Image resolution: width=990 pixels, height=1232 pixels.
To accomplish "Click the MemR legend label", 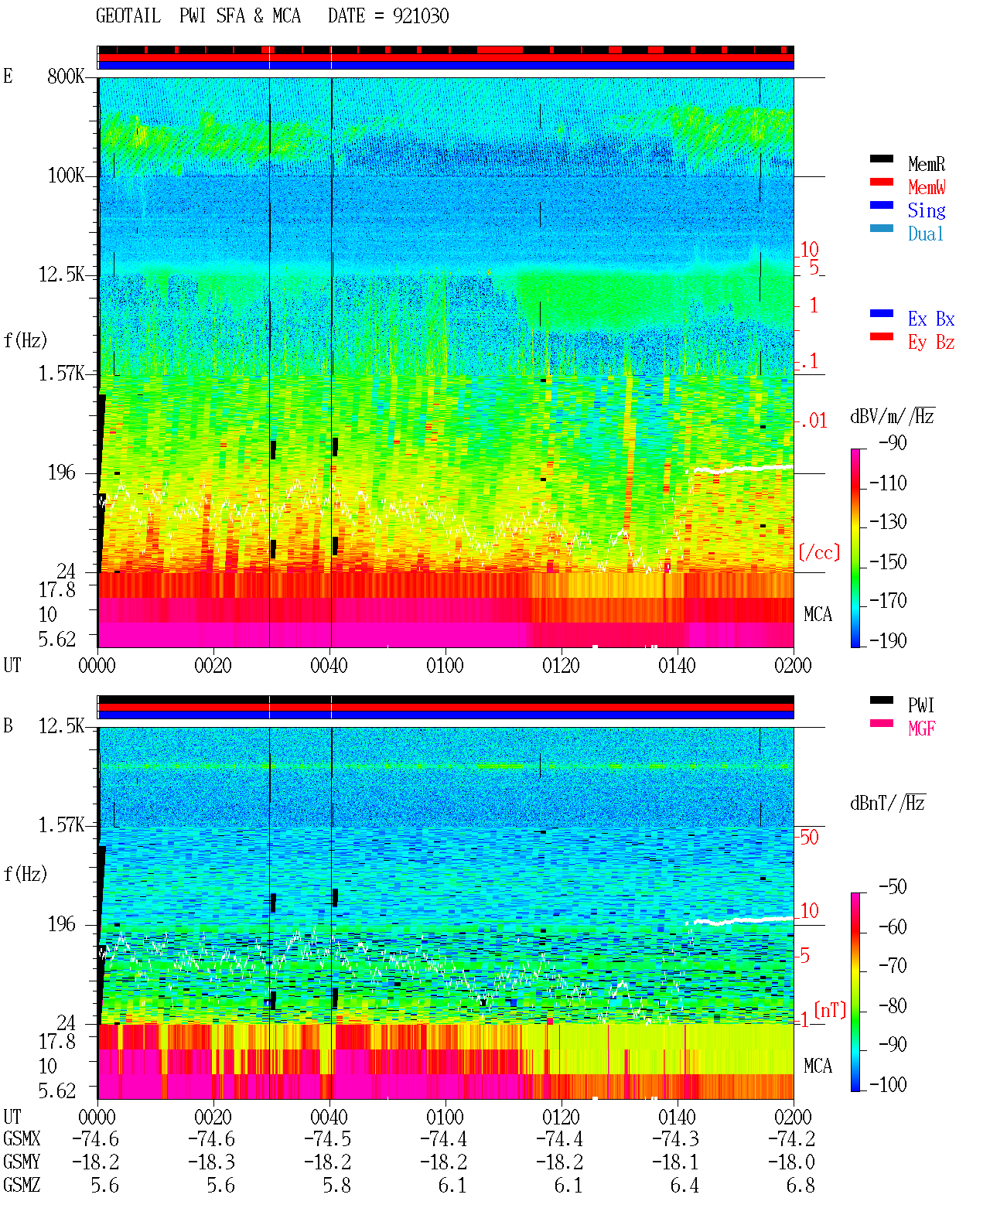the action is coord(926,164).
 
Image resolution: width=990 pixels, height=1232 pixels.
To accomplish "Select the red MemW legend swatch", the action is coord(881,182).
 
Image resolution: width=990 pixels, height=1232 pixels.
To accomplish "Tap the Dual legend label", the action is coord(925,234).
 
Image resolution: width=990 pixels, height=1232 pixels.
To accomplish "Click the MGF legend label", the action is coord(921,729).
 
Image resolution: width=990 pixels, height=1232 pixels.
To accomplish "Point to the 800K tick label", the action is coord(66,76).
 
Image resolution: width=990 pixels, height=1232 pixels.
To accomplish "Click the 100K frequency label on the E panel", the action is coord(66,176).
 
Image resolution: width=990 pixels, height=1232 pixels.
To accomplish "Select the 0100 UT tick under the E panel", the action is coord(445,666).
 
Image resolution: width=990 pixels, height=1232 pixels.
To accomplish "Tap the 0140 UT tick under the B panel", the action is coord(677,1117).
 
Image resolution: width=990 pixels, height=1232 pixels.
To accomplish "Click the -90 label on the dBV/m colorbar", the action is coord(893,443).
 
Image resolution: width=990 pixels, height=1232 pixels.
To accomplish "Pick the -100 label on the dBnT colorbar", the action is coord(888,1084).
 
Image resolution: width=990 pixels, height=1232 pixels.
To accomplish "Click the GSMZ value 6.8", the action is coord(800,1185).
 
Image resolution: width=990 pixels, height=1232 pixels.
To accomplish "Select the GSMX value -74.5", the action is coord(327,1139).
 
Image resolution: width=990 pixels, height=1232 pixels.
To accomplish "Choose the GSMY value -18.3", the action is coord(211,1162).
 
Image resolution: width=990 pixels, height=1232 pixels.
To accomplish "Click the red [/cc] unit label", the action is coord(819,553).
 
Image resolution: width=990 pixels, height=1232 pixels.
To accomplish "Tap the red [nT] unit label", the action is coord(830,1010).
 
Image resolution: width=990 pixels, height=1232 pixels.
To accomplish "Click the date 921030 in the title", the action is coord(421,16).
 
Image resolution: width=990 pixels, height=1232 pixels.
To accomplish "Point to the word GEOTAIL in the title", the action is coord(128,16).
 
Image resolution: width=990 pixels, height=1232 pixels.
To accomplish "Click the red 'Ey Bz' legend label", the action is coord(931,343).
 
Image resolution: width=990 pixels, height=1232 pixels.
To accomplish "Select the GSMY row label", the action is coord(22,1162).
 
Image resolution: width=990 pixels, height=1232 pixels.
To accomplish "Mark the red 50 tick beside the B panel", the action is coord(809,838).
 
